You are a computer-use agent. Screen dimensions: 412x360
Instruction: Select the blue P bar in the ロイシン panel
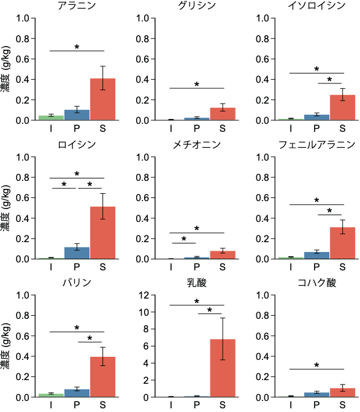pyautogui.click(x=77, y=253)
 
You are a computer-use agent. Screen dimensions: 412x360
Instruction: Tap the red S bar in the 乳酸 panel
pyautogui.click(x=223, y=368)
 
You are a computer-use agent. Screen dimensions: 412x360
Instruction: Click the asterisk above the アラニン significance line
pyautogui.click(x=77, y=47)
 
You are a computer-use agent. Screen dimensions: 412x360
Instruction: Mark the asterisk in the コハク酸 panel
pyautogui.click(x=316, y=366)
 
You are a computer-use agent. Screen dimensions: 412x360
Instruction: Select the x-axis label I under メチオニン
pyautogui.click(x=171, y=267)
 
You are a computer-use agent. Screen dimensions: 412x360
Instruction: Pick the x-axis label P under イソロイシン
pyautogui.click(x=316, y=129)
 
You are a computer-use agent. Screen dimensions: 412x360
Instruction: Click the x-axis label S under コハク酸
pyautogui.click(x=342, y=405)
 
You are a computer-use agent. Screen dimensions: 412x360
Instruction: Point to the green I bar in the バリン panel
pyautogui.click(x=52, y=395)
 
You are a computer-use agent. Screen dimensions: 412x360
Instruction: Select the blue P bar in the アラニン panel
pyautogui.click(x=77, y=115)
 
